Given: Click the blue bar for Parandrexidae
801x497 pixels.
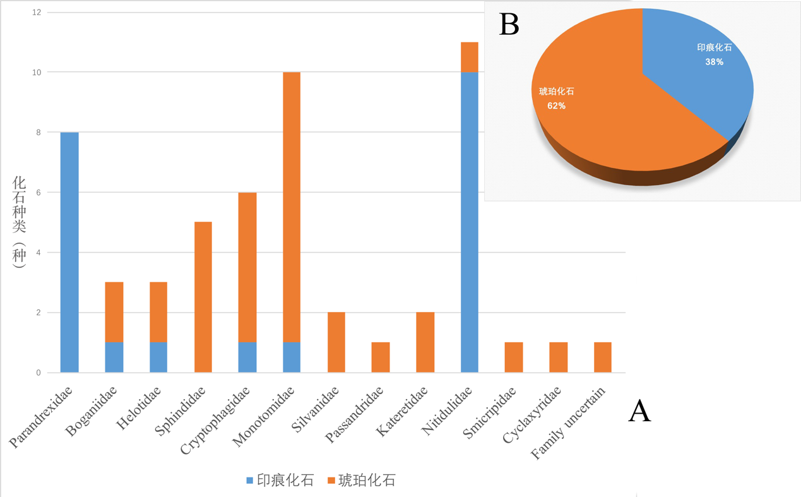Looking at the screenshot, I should click(69, 253).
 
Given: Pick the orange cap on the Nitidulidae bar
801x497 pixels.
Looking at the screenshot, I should click(470, 57).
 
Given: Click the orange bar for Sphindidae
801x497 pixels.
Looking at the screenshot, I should click(203, 297).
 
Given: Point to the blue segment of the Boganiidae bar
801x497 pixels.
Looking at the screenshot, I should click(114, 357).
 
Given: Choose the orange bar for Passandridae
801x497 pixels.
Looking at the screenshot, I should click(381, 357).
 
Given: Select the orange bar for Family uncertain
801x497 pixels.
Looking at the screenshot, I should click(603, 357).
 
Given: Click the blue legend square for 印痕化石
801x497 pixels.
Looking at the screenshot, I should click(250, 481).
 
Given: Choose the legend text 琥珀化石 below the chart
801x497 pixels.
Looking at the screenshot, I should click(367, 481).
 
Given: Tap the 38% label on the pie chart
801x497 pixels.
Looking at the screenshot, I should click(714, 62).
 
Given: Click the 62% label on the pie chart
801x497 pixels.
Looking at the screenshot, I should click(556, 106).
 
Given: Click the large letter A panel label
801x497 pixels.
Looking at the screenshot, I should click(639, 412).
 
